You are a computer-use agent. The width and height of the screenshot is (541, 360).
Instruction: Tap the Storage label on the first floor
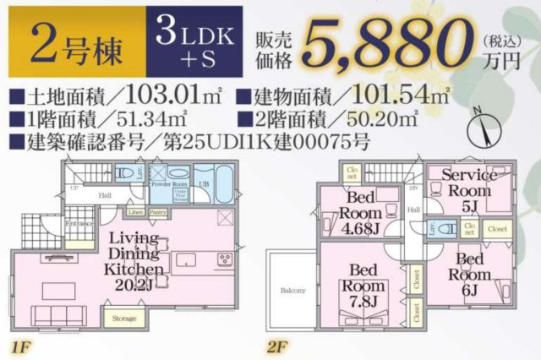coord(124,319)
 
